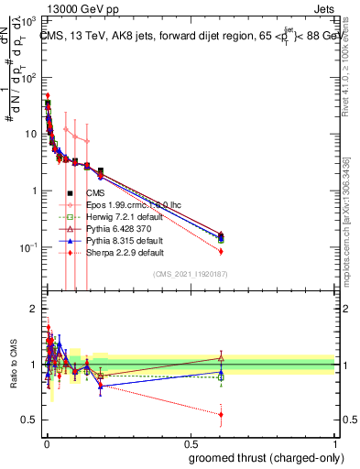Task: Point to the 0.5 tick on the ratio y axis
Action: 29,420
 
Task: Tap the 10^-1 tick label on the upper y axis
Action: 30,248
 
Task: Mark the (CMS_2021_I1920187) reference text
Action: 190,273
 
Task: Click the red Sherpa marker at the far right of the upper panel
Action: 221,251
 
